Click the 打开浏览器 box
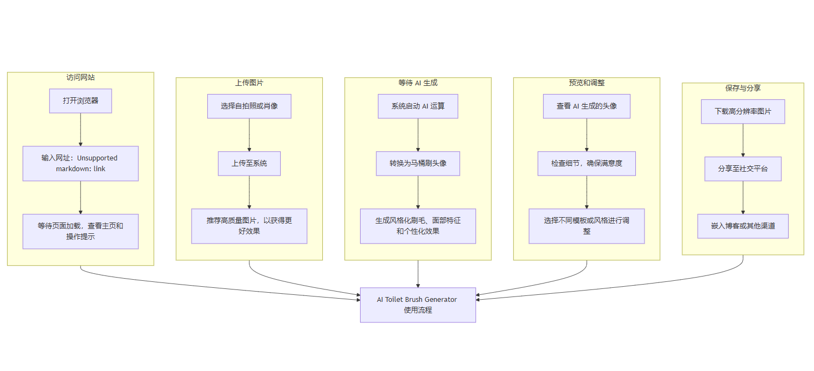[x=80, y=101]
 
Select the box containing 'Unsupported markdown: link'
[x=80, y=163]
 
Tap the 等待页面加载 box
[x=80, y=231]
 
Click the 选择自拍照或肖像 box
[x=249, y=106]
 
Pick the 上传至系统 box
[x=249, y=163]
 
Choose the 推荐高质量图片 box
[x=249, y=226]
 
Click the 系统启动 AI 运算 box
[x=418, y=106]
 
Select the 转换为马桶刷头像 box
[x=418, y=163]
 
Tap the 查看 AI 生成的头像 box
[x=587, y=106]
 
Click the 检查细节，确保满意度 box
[x=587, y=163]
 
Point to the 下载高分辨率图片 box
[x=743, y=112]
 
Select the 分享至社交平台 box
[x=743, y=169]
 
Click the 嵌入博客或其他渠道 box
[x=743, y=226]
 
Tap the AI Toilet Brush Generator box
[x=418, y=305]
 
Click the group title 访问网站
[x=80, y=77]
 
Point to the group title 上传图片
[x=249, y=83]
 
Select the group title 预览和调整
[x=587, y=83]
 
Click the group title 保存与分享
[x=743, y=88]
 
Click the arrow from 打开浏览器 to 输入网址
[x=80, y=130]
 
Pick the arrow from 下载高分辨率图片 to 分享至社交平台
[x=743, y=140]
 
